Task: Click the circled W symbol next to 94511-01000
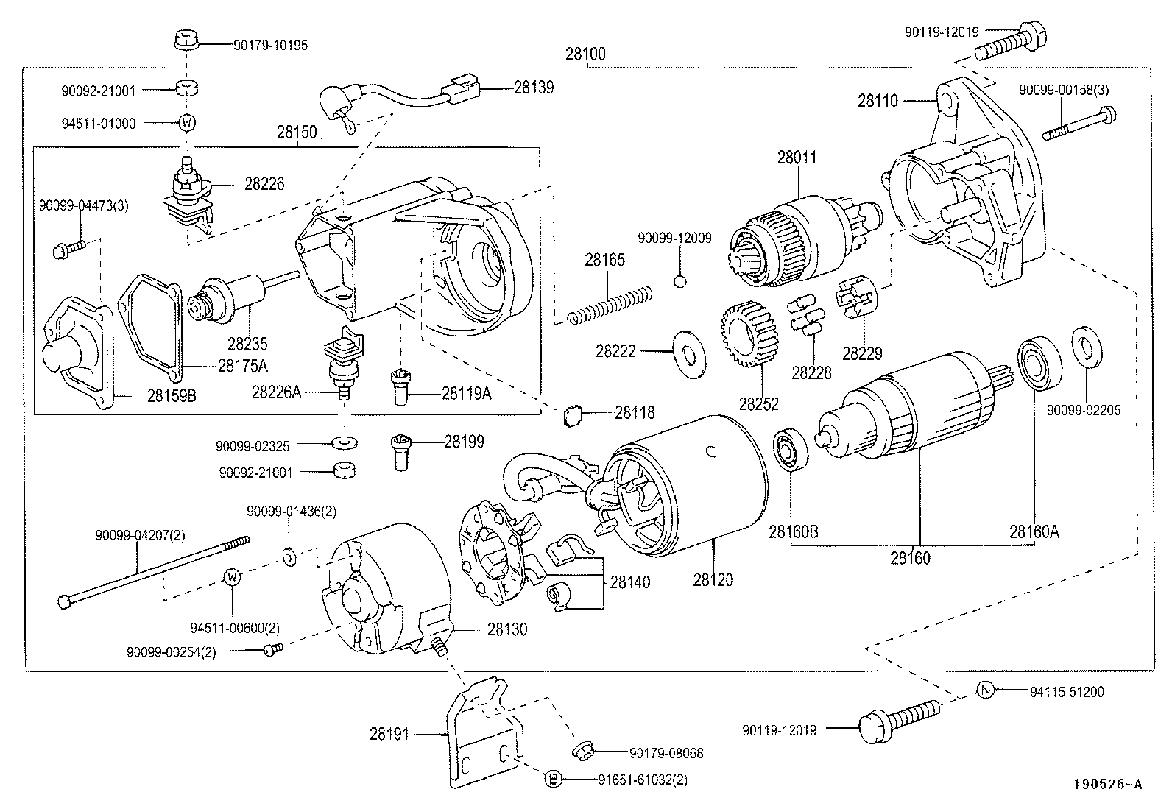coord(187,123)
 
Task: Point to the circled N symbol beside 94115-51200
coord(986,690)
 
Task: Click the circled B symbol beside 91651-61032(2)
coord(554,779)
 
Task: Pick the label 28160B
coord(794,531)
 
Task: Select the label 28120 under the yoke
coord(713,580)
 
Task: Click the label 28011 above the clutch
coord(797,157)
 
